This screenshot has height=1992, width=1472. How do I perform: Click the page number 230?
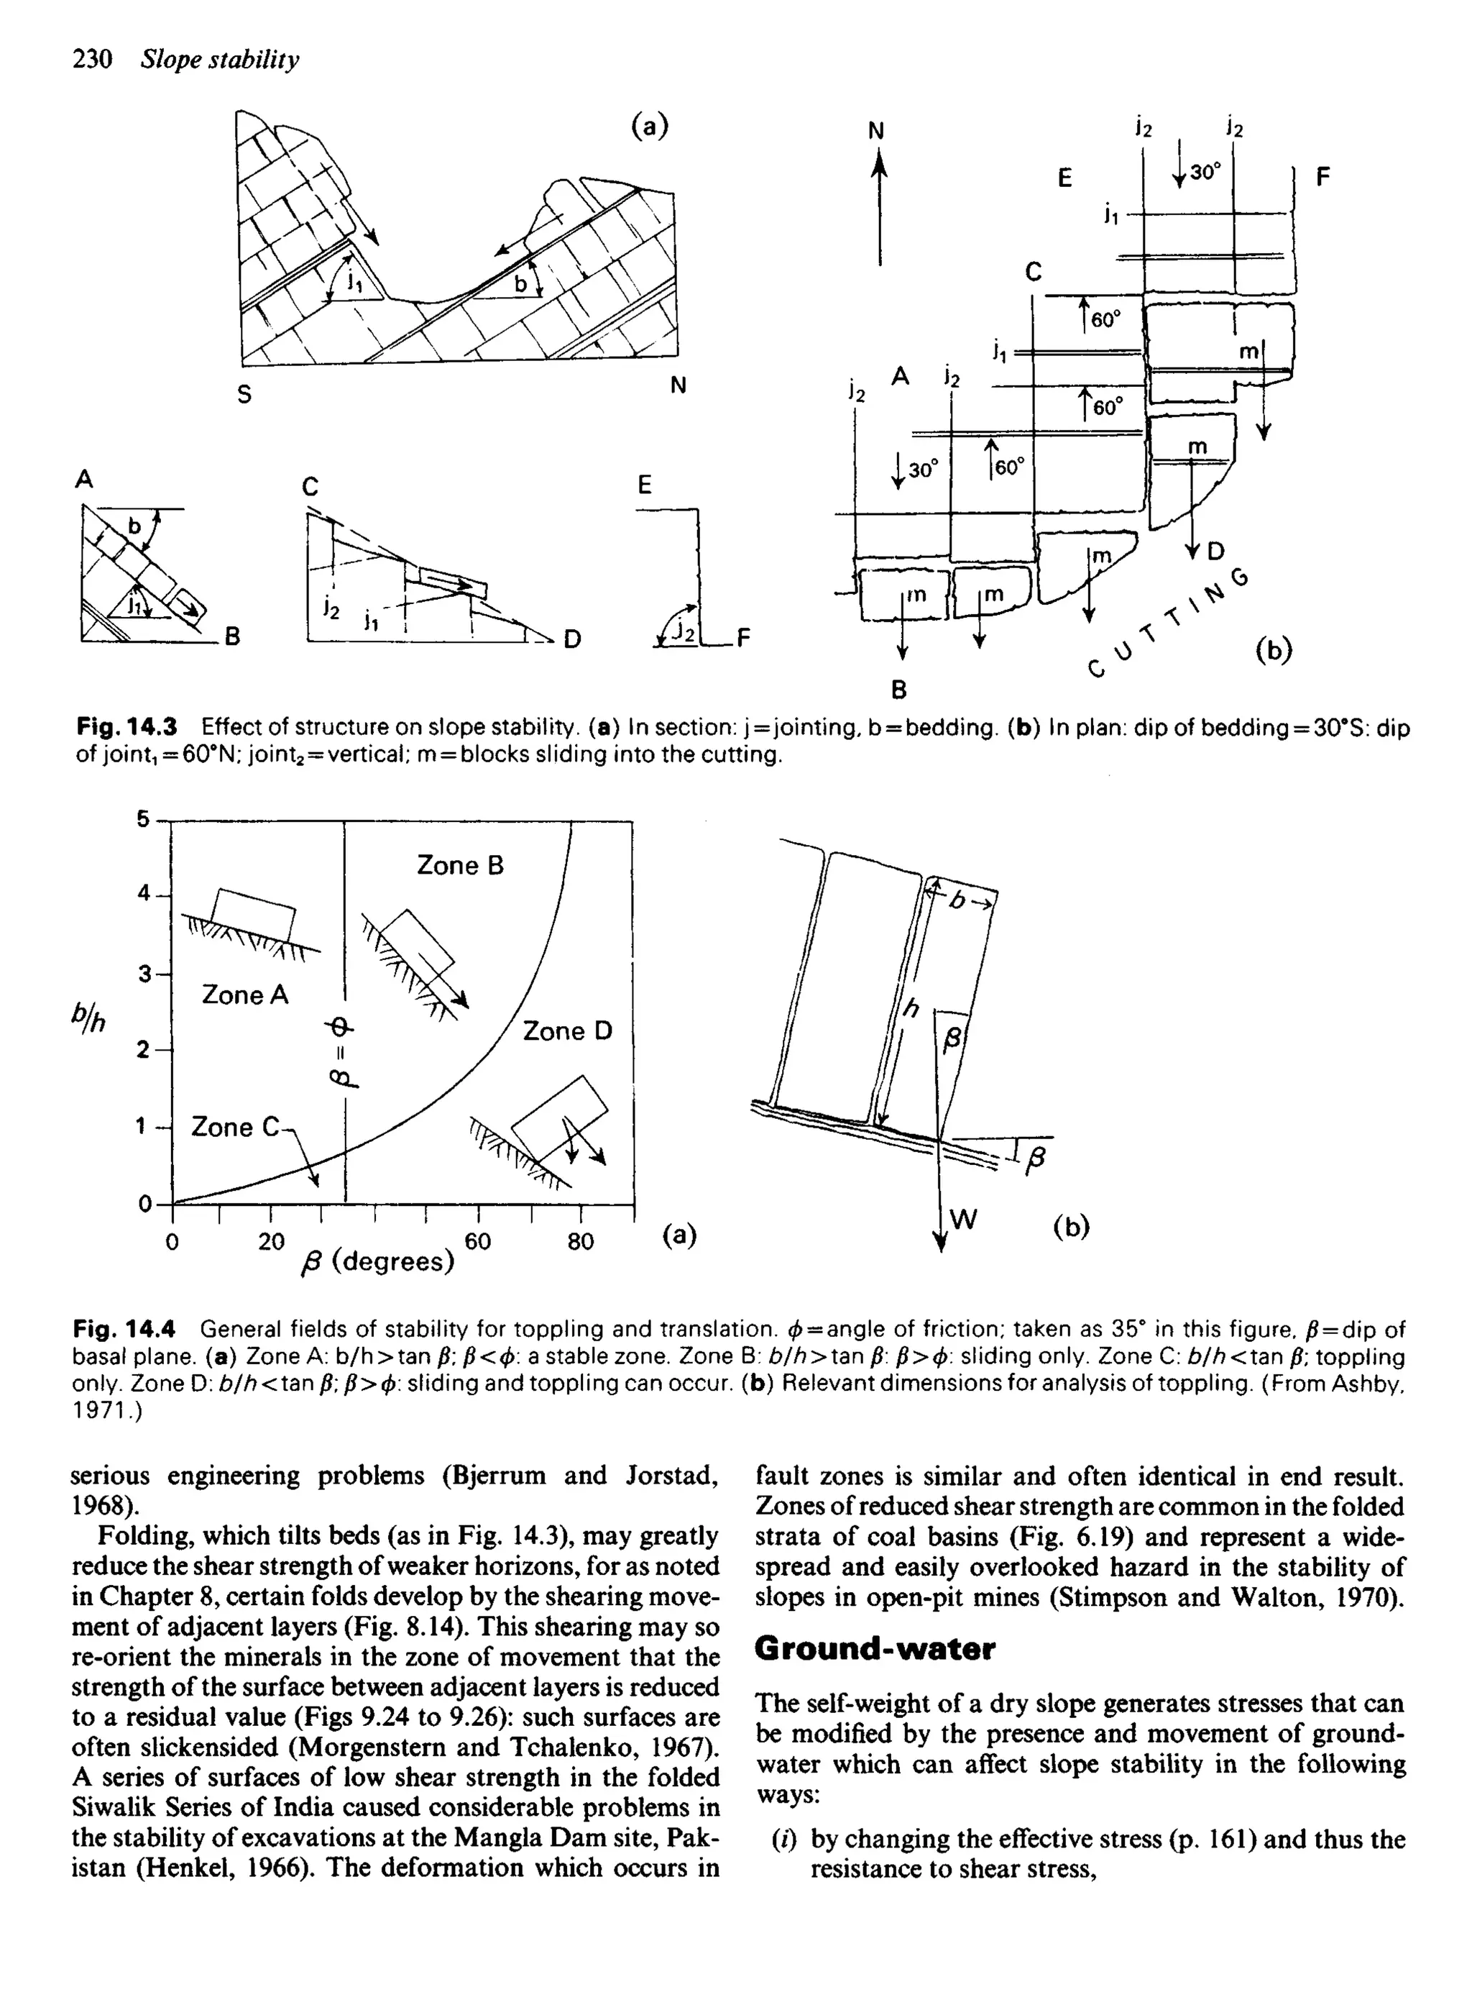coord(92,60)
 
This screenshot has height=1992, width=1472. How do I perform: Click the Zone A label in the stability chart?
coord(245,995)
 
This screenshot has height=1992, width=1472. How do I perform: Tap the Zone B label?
coord(460,865)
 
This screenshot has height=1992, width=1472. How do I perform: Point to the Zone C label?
coord(234,1128)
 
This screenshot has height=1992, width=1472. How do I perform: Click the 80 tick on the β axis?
coord(580,1241)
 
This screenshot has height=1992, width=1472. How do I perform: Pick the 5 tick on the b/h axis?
coord(142,819)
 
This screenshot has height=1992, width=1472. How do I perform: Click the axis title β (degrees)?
coord(379,1262)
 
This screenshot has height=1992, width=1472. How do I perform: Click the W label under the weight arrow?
coord(964,1219)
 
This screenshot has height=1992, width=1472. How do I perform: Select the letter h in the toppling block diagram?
coord(911,1009)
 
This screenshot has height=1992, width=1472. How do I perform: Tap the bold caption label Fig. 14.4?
coord(125,1330)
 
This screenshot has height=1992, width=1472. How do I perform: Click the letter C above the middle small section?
coord(310,487)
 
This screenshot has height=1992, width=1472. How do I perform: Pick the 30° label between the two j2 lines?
coord(1204,172)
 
